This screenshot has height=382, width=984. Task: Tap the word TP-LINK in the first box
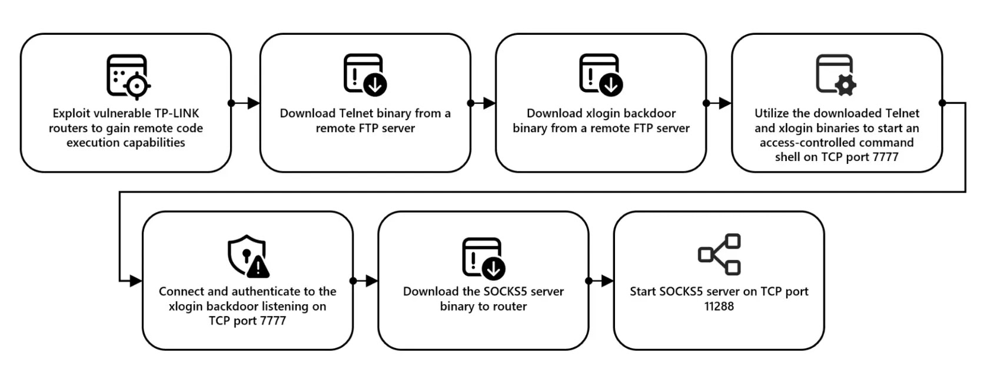click(177, 114)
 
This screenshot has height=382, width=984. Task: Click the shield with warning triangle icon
click(248, 256)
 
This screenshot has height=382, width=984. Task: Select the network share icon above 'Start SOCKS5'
click(719, 255)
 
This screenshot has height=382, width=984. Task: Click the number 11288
click(719, 307)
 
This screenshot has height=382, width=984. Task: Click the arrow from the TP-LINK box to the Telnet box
click(245, 103)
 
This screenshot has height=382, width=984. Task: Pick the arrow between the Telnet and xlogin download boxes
click(483, 103)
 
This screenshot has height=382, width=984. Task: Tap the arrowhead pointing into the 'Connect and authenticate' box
click(136, 281)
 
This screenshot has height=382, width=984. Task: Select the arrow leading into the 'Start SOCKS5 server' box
click(601, 281)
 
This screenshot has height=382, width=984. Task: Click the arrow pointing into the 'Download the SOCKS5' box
click(365, 281)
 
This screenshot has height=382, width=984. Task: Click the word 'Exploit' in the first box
click(71, 114)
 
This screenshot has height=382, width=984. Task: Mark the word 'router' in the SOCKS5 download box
click(509, 307)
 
